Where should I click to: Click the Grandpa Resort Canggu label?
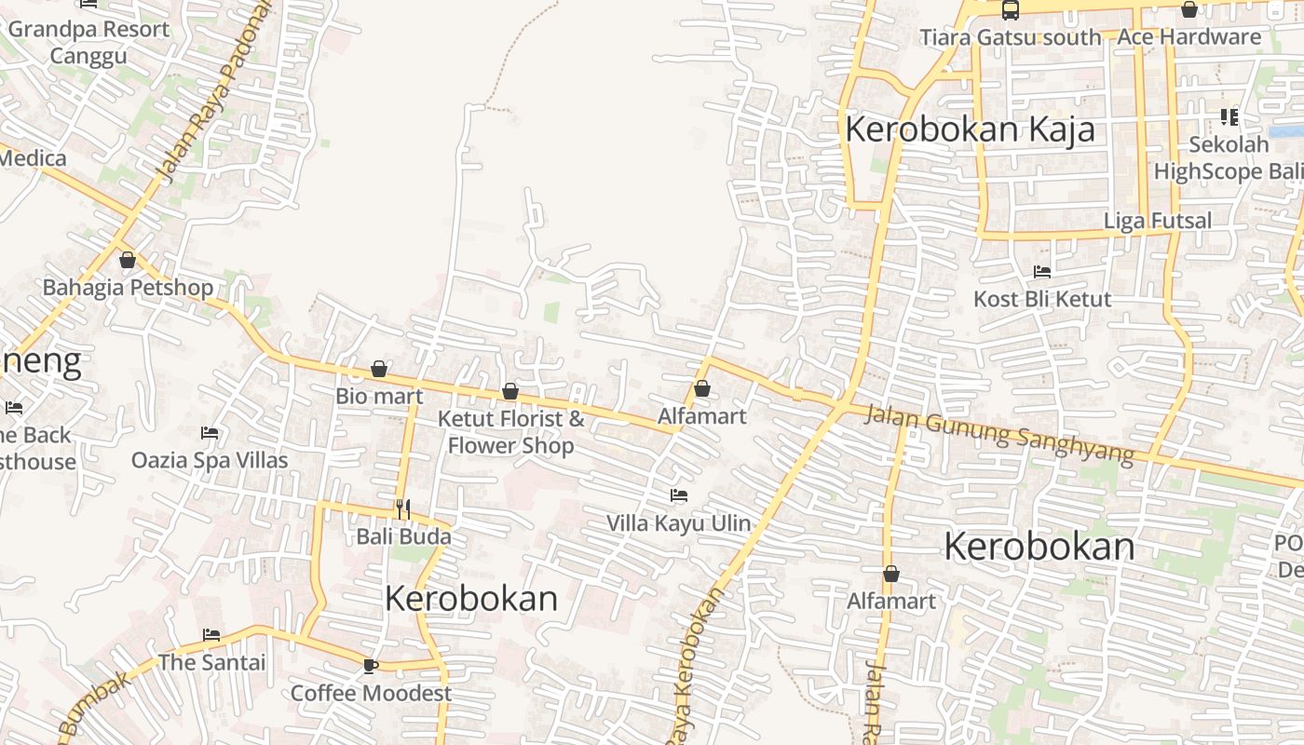pyautogui.click(x=88, y=42)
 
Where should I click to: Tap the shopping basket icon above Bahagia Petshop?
pyautogui.click(x=128, y=260)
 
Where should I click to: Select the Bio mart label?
pyautogui.click(x=379, y=396)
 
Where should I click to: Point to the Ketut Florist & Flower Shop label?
pyautogui.click(x=511, y=432)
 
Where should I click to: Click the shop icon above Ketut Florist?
pyautogui.click(x=510, y=392)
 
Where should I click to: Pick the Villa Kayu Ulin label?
pyautogui.click(x=678, y=523)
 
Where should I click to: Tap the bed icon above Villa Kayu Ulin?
pyautogui.click(x=679, y=495)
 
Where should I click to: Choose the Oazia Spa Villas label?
pyautogui.click(x=210, y=460)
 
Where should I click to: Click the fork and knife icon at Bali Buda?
pyautogui.click(x=403, y=508)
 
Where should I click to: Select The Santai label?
pyautogui.click(x=211, y=662)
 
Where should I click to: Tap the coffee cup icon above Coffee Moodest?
pyautogui.click(x=370, y=665)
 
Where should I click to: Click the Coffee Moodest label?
pyautogui.click(x=371, y=693)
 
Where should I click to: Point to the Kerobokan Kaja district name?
pyautogui.click(x=970, y=129)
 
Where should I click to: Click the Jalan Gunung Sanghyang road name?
pyautogui.click(x=999, y=434)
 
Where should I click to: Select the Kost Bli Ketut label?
pyautogui.click(x=1042, y=299)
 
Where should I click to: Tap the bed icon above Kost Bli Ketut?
pyautogui.click(x=1042, y=272)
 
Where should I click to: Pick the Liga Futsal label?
pyautogui.click(x=1158, y=221)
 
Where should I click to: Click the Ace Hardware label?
pyautogui.click(x=1189, y=37)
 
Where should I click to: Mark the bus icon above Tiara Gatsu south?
pyautogui.click(x=1011, y=10)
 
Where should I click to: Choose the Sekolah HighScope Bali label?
pyautogui.click(x=1229, y=158)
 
